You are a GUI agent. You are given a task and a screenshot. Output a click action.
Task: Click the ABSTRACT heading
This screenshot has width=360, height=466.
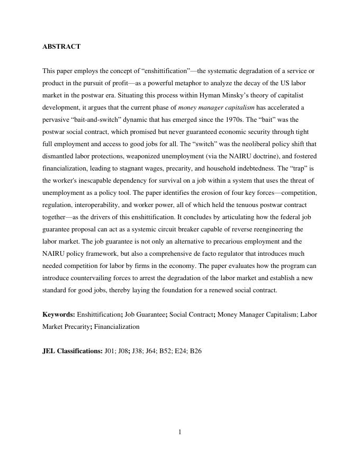tap(61, 47)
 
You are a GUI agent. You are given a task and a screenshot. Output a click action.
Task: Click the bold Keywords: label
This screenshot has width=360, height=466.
tap(59, 315)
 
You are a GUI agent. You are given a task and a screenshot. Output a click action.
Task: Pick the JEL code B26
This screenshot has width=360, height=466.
tap(196, 351)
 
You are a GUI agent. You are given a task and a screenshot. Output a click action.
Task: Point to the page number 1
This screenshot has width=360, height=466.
tap(180, 432)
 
